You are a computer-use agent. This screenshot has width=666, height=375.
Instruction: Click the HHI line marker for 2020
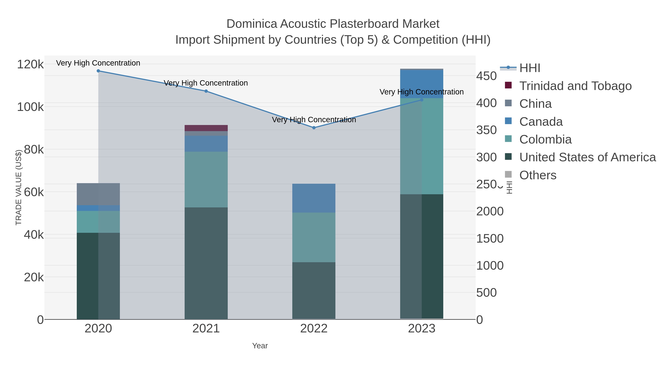pos(98,71)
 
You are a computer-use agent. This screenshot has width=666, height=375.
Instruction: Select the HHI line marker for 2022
pos(314,128)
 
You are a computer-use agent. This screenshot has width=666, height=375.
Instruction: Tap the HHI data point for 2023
pos(422,100)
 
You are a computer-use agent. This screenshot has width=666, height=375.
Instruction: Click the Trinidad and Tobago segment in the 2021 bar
pos(206,128)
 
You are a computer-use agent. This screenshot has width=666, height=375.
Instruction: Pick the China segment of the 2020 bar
pos(98,194)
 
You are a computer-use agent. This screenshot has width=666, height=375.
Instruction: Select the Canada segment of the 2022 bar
pos(314,198)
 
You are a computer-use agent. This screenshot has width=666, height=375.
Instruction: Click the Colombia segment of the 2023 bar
pos(422,146)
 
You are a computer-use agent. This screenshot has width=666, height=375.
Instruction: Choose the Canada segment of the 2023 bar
pos(422,84)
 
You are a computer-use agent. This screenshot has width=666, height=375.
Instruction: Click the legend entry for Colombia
pos(546,139)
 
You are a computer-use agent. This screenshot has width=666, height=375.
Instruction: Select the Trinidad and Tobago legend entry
pos(575,86)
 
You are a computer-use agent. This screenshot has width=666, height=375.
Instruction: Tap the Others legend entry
pos(538,175)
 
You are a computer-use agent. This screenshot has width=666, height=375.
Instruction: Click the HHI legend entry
pos(529,68)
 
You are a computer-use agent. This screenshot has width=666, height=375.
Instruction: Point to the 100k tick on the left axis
pos(30,107)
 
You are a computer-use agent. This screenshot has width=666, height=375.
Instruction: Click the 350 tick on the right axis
pos(486,130)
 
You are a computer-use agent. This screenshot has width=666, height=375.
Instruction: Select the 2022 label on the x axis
pos(314,329)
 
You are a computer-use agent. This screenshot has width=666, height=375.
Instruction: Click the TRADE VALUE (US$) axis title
pos(19,187)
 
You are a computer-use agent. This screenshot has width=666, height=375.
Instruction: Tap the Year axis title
pos(260,346)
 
